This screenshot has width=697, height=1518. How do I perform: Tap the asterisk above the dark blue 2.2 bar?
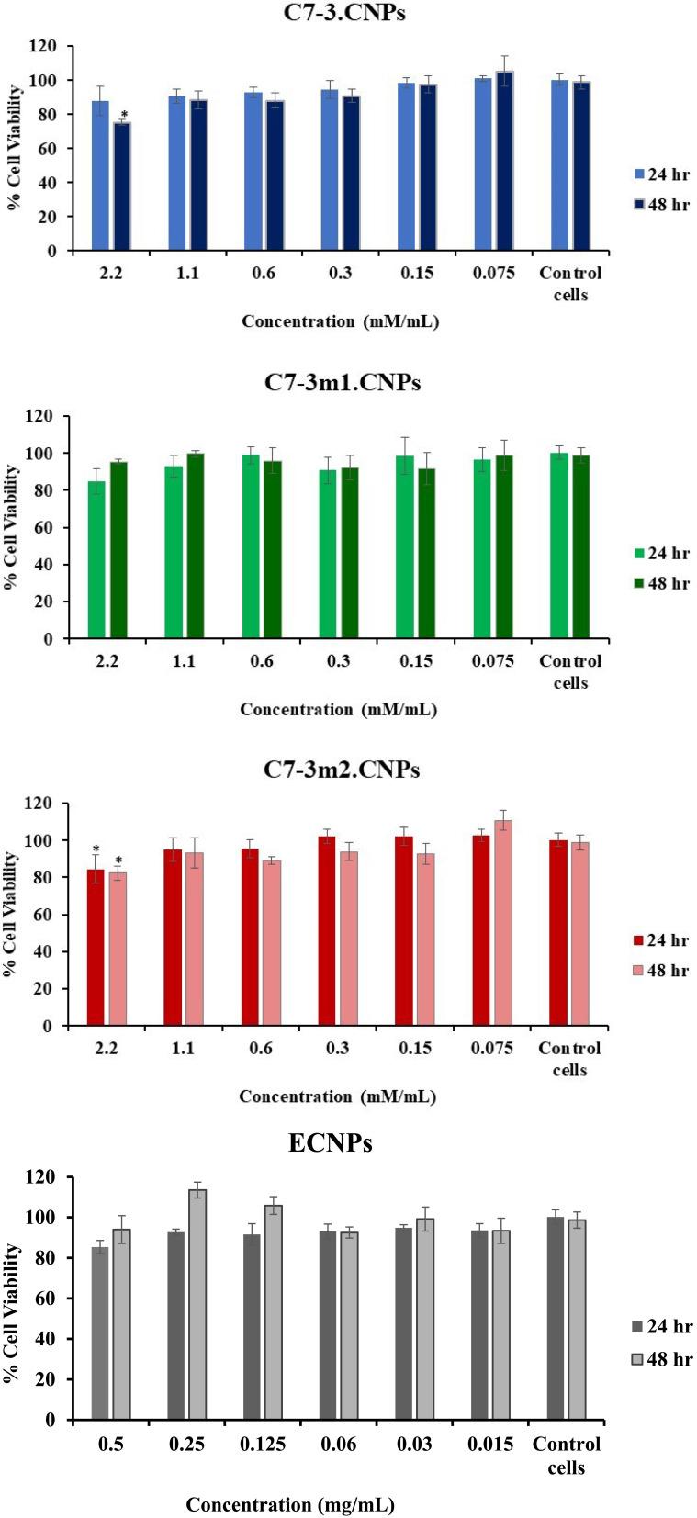(x=123, y=116)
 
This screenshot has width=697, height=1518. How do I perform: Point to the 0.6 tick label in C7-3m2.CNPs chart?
(x=260, y=1048)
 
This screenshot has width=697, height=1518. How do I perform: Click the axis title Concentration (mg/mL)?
(x=290, y=1504)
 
